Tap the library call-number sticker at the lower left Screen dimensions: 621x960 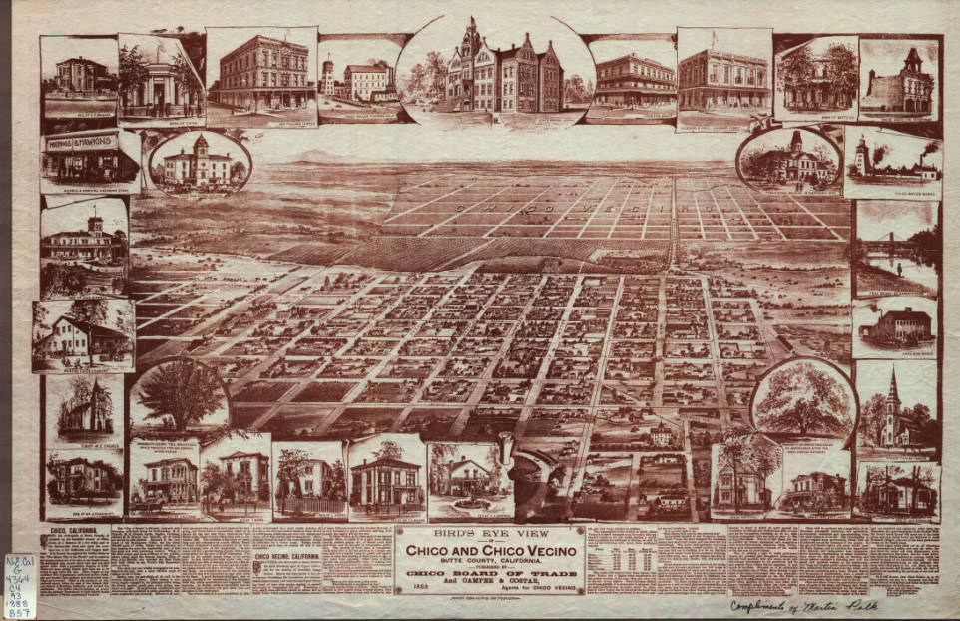coord(19,572)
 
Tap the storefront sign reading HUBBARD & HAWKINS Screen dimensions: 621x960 coord(90,144)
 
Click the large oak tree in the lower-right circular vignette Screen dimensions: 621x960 coord(804,401)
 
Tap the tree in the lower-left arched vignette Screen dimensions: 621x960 coord(180,394)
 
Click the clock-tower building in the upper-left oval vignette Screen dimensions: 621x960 coord(200,161)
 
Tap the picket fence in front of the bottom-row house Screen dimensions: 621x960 coord(309,505)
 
